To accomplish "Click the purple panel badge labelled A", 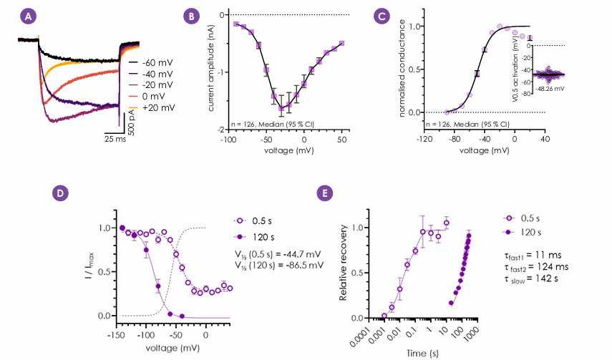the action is [x=28, y=16].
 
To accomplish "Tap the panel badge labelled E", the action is [x=325, y=193].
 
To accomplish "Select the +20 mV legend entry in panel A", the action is [x=152, y=108].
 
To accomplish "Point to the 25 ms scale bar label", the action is [x=115, y=139].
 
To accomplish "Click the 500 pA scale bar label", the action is [x=131, y=122].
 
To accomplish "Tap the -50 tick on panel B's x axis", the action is [x=266, y=140].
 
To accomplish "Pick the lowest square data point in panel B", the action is [x=281, y=108].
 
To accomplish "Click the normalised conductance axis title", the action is [x=402, y=69].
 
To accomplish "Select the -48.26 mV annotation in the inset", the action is [x=550, y=89].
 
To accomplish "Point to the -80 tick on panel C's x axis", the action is [x=454, y=140].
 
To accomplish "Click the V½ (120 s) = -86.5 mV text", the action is [x=279, y=265].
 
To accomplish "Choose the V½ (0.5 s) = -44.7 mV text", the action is [x=278, y=255].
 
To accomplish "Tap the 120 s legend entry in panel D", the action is [x=253, y=237].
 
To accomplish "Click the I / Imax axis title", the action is [x=89, y=266].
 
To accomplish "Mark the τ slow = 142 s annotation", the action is [x=531, y=279].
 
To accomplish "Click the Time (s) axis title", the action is [x=422, y=354].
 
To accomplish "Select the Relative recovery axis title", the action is [x=343, y=263].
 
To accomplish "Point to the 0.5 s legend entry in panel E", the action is [x=521, y=218].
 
